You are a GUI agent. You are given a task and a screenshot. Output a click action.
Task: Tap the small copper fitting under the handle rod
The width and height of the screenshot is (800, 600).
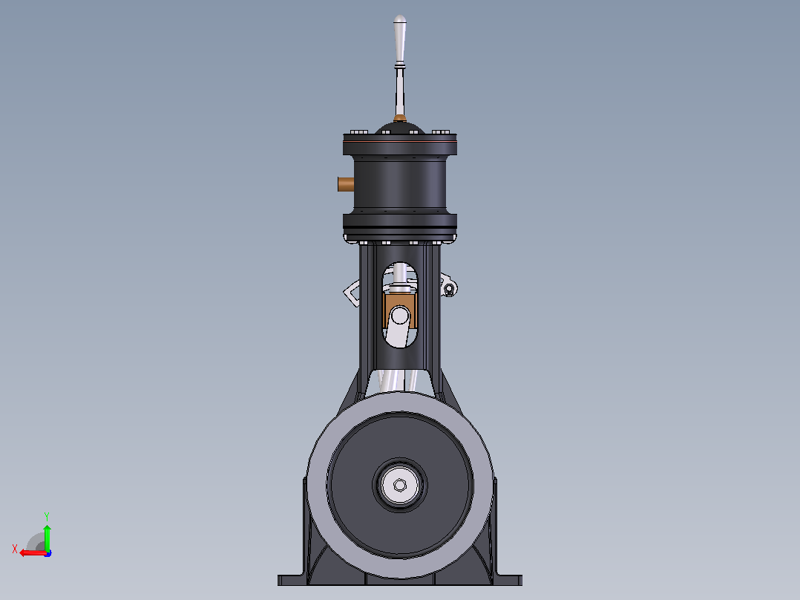point(400,119)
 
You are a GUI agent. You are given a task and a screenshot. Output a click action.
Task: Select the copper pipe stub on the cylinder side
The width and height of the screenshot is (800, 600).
point(346,184)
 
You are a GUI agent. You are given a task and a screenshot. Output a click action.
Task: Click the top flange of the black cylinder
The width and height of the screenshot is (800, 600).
point(400,144)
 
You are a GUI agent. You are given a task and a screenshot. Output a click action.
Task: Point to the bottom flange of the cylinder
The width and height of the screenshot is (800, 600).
point(400,225)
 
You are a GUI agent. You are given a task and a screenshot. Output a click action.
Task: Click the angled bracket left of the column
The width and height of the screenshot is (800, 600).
point(353,293)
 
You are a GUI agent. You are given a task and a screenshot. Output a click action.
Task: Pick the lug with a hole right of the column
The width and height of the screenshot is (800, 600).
point(448,286)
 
